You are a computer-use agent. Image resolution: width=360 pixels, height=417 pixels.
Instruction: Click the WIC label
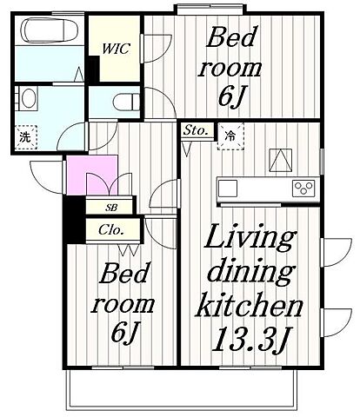pyautogui.click(x=116, y=49)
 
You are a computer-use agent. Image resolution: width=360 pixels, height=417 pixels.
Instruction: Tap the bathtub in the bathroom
pyautogui.click(x=50, y=30)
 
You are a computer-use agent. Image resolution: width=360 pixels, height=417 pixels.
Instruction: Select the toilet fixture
pyautogui.click(x=127, y=102)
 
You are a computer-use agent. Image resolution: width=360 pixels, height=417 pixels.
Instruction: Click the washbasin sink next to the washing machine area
pyautogui.click(x=28, y=98)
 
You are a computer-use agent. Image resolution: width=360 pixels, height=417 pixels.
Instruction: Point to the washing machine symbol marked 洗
pyautogui.click(x=26, y=137)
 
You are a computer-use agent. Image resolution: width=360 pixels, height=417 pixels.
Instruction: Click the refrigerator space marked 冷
pyautogui.click(x=230, y=136)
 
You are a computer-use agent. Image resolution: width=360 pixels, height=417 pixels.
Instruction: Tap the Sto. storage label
pyautogui.click(x=197, y=130)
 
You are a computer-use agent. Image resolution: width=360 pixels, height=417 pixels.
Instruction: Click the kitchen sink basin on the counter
pyautogui.click(x=228, y=189)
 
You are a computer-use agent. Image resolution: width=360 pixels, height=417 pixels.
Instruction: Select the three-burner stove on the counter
pyautogui.click(x=303, y=189)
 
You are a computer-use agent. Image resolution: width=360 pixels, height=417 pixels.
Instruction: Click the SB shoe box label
pyautogui.click(x=111, y=208)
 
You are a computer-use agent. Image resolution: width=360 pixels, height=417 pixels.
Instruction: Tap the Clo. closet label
pyautogui.click(x=111, y=230)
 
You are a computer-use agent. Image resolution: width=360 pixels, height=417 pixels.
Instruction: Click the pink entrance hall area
pyautogui.click(x=92, y=175)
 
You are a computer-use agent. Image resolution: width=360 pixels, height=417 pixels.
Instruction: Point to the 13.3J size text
pyautogui.click(x=251, y=339)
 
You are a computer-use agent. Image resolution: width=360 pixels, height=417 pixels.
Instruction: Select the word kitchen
pyautogui.click(x=249, y=304)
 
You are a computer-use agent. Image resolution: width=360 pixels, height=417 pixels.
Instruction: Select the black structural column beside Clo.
pyautogui.click(x=75, y=220)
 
